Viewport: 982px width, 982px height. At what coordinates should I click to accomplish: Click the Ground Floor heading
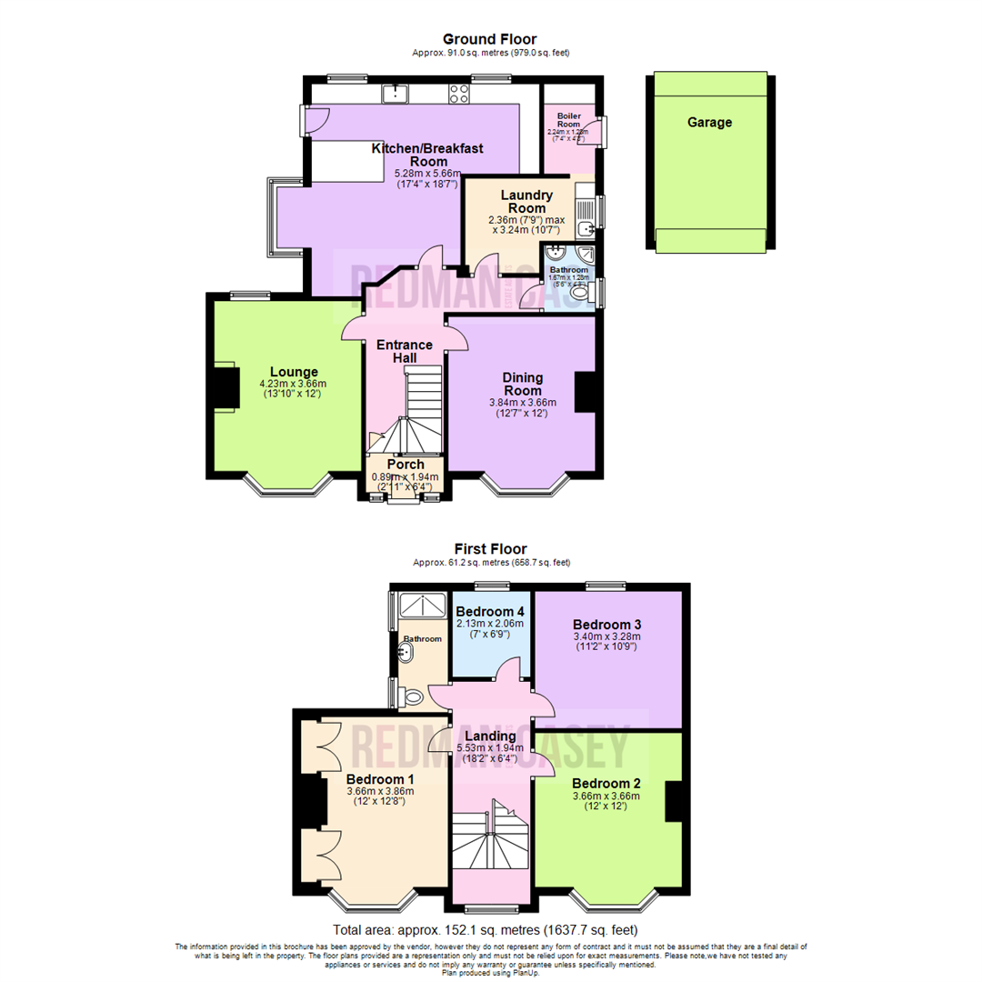[489, 39]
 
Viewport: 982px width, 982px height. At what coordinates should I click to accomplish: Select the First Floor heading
[491, 549]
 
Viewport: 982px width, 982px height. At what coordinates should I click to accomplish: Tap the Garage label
[709, 122]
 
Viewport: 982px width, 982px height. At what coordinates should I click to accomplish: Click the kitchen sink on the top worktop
[396, 92]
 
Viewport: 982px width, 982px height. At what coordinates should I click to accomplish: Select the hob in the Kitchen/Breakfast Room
[456, 92]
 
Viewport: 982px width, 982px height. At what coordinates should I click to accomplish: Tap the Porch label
[405, 465]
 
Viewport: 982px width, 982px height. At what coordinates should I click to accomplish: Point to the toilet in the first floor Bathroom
[412, 697]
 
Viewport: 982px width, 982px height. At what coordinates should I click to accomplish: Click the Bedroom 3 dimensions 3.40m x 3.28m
[607, 636]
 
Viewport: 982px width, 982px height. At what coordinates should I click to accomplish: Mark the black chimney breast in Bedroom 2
[673, 801]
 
